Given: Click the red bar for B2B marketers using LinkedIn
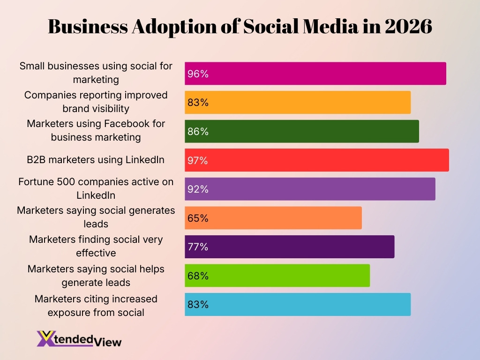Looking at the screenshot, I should [x=316, y=160].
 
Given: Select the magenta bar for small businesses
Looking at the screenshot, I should [x=315, y=74].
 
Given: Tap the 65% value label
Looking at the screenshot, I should [x=198, y=218].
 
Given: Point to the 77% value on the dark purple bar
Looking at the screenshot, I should [x=198, y=247].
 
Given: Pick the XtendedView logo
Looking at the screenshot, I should [x=79, y=339].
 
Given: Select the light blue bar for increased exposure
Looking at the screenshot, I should [x=298, y=305].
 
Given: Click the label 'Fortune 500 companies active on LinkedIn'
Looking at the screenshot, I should [x=96, y=188].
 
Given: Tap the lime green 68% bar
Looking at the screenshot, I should [x=277, y=276].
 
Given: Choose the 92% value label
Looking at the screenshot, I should [x=198, y=189].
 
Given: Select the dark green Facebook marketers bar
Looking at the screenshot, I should [x=301, y=132].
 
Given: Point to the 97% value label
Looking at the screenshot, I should [x=198, y=161].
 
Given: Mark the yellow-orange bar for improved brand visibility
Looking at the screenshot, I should [x=298, y=103].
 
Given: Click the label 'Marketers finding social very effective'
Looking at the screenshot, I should [x=96, y=246].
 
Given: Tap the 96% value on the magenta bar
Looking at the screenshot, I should [x=198, y=74].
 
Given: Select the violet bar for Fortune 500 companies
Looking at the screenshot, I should [x=310, y=189].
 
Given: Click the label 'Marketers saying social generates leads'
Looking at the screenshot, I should [x=96, y=217].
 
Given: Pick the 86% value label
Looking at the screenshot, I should [x=198, y=132].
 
